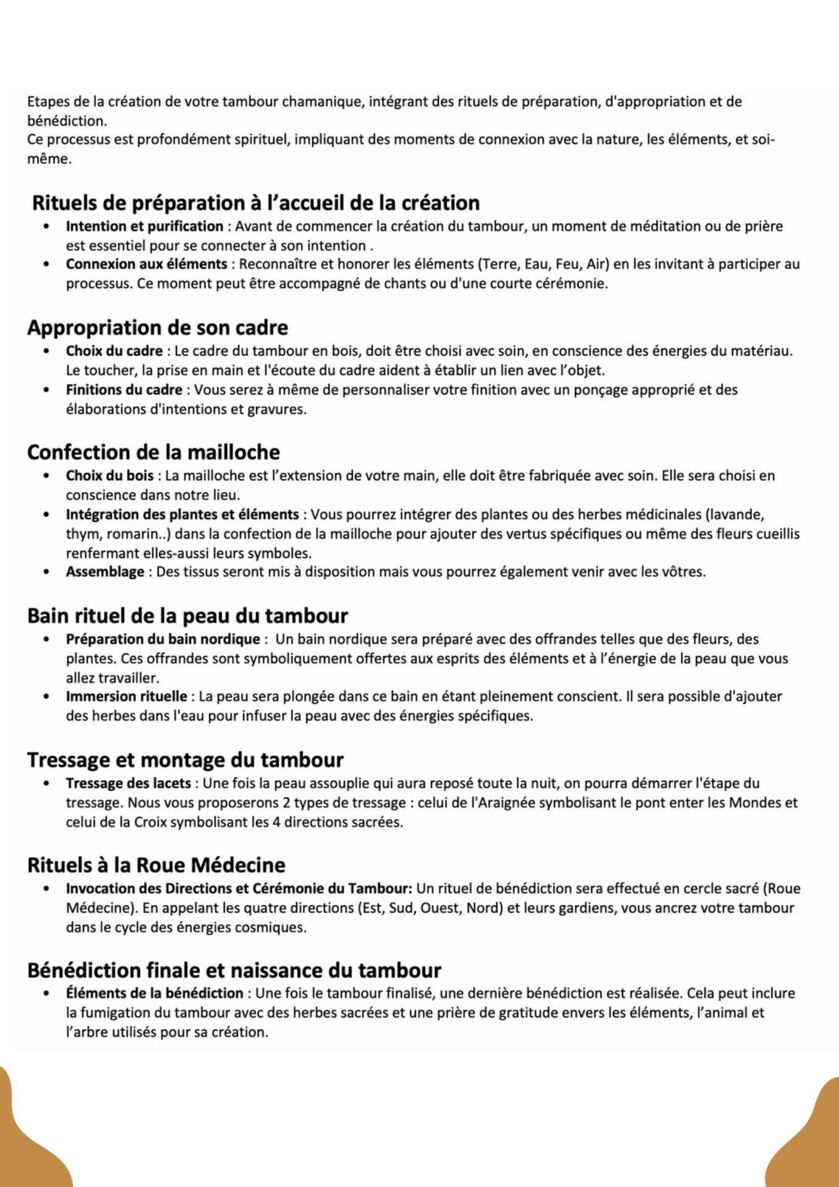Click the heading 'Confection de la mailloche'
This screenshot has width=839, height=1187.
point(153,453)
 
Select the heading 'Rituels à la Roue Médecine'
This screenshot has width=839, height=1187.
point(156,865)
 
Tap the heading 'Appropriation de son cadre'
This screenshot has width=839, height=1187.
point(158,328)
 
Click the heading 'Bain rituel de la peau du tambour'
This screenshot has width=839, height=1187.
point(187,616)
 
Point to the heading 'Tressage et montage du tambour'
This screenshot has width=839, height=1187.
point(185,760)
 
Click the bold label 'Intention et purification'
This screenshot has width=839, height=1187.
point(144,226)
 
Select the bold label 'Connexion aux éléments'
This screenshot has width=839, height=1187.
point(147,265)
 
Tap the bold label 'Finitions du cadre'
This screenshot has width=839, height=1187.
point(124,390)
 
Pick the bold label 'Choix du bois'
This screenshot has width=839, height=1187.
point(109,476)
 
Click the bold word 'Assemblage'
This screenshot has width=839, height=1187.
point(105,572)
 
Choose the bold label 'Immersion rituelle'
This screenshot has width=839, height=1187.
point(126,697)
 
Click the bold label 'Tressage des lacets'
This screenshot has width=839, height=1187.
point(129,783)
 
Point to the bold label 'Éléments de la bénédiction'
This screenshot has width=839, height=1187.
point(154,993)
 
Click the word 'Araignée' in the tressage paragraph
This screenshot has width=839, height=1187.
point(494,803)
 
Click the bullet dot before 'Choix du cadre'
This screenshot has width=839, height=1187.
point(46,351)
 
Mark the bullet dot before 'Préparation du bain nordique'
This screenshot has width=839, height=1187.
point(46,639)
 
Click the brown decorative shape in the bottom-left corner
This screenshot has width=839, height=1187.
point(28,1144)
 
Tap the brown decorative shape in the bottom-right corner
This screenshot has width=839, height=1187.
point(810,1144)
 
